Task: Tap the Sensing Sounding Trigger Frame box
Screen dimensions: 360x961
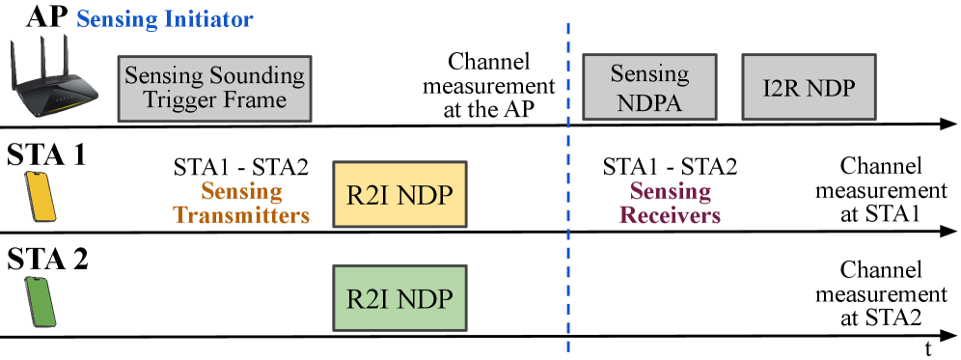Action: pyautogui.click(x=214, y=88)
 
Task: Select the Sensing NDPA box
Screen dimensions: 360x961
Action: pyautogui.click(x=649, y=88)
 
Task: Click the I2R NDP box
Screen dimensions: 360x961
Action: pyautogui.click(x=808, y=88)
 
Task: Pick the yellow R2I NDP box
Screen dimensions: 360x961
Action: pyautogui.click(x=398, y=195)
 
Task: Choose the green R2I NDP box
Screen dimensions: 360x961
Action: pyautogui.click(x=398, y=298)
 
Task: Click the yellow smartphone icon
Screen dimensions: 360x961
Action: pyautogui.click(x=40, y=197)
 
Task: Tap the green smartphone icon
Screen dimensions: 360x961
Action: pyautogui.click(x=40, y=301)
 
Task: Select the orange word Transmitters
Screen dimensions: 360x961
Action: pyautogui.click(x=241, y=215)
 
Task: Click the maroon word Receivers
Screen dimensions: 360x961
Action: pyautogui.click(x=670, y=215)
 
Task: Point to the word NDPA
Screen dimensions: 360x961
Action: pyautogui.click(x=649, y=101)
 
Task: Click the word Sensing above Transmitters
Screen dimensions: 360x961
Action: pyautogui.click(x=241, y=191)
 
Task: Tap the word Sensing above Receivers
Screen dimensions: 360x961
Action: pyautogui.click(x=670, y=191)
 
